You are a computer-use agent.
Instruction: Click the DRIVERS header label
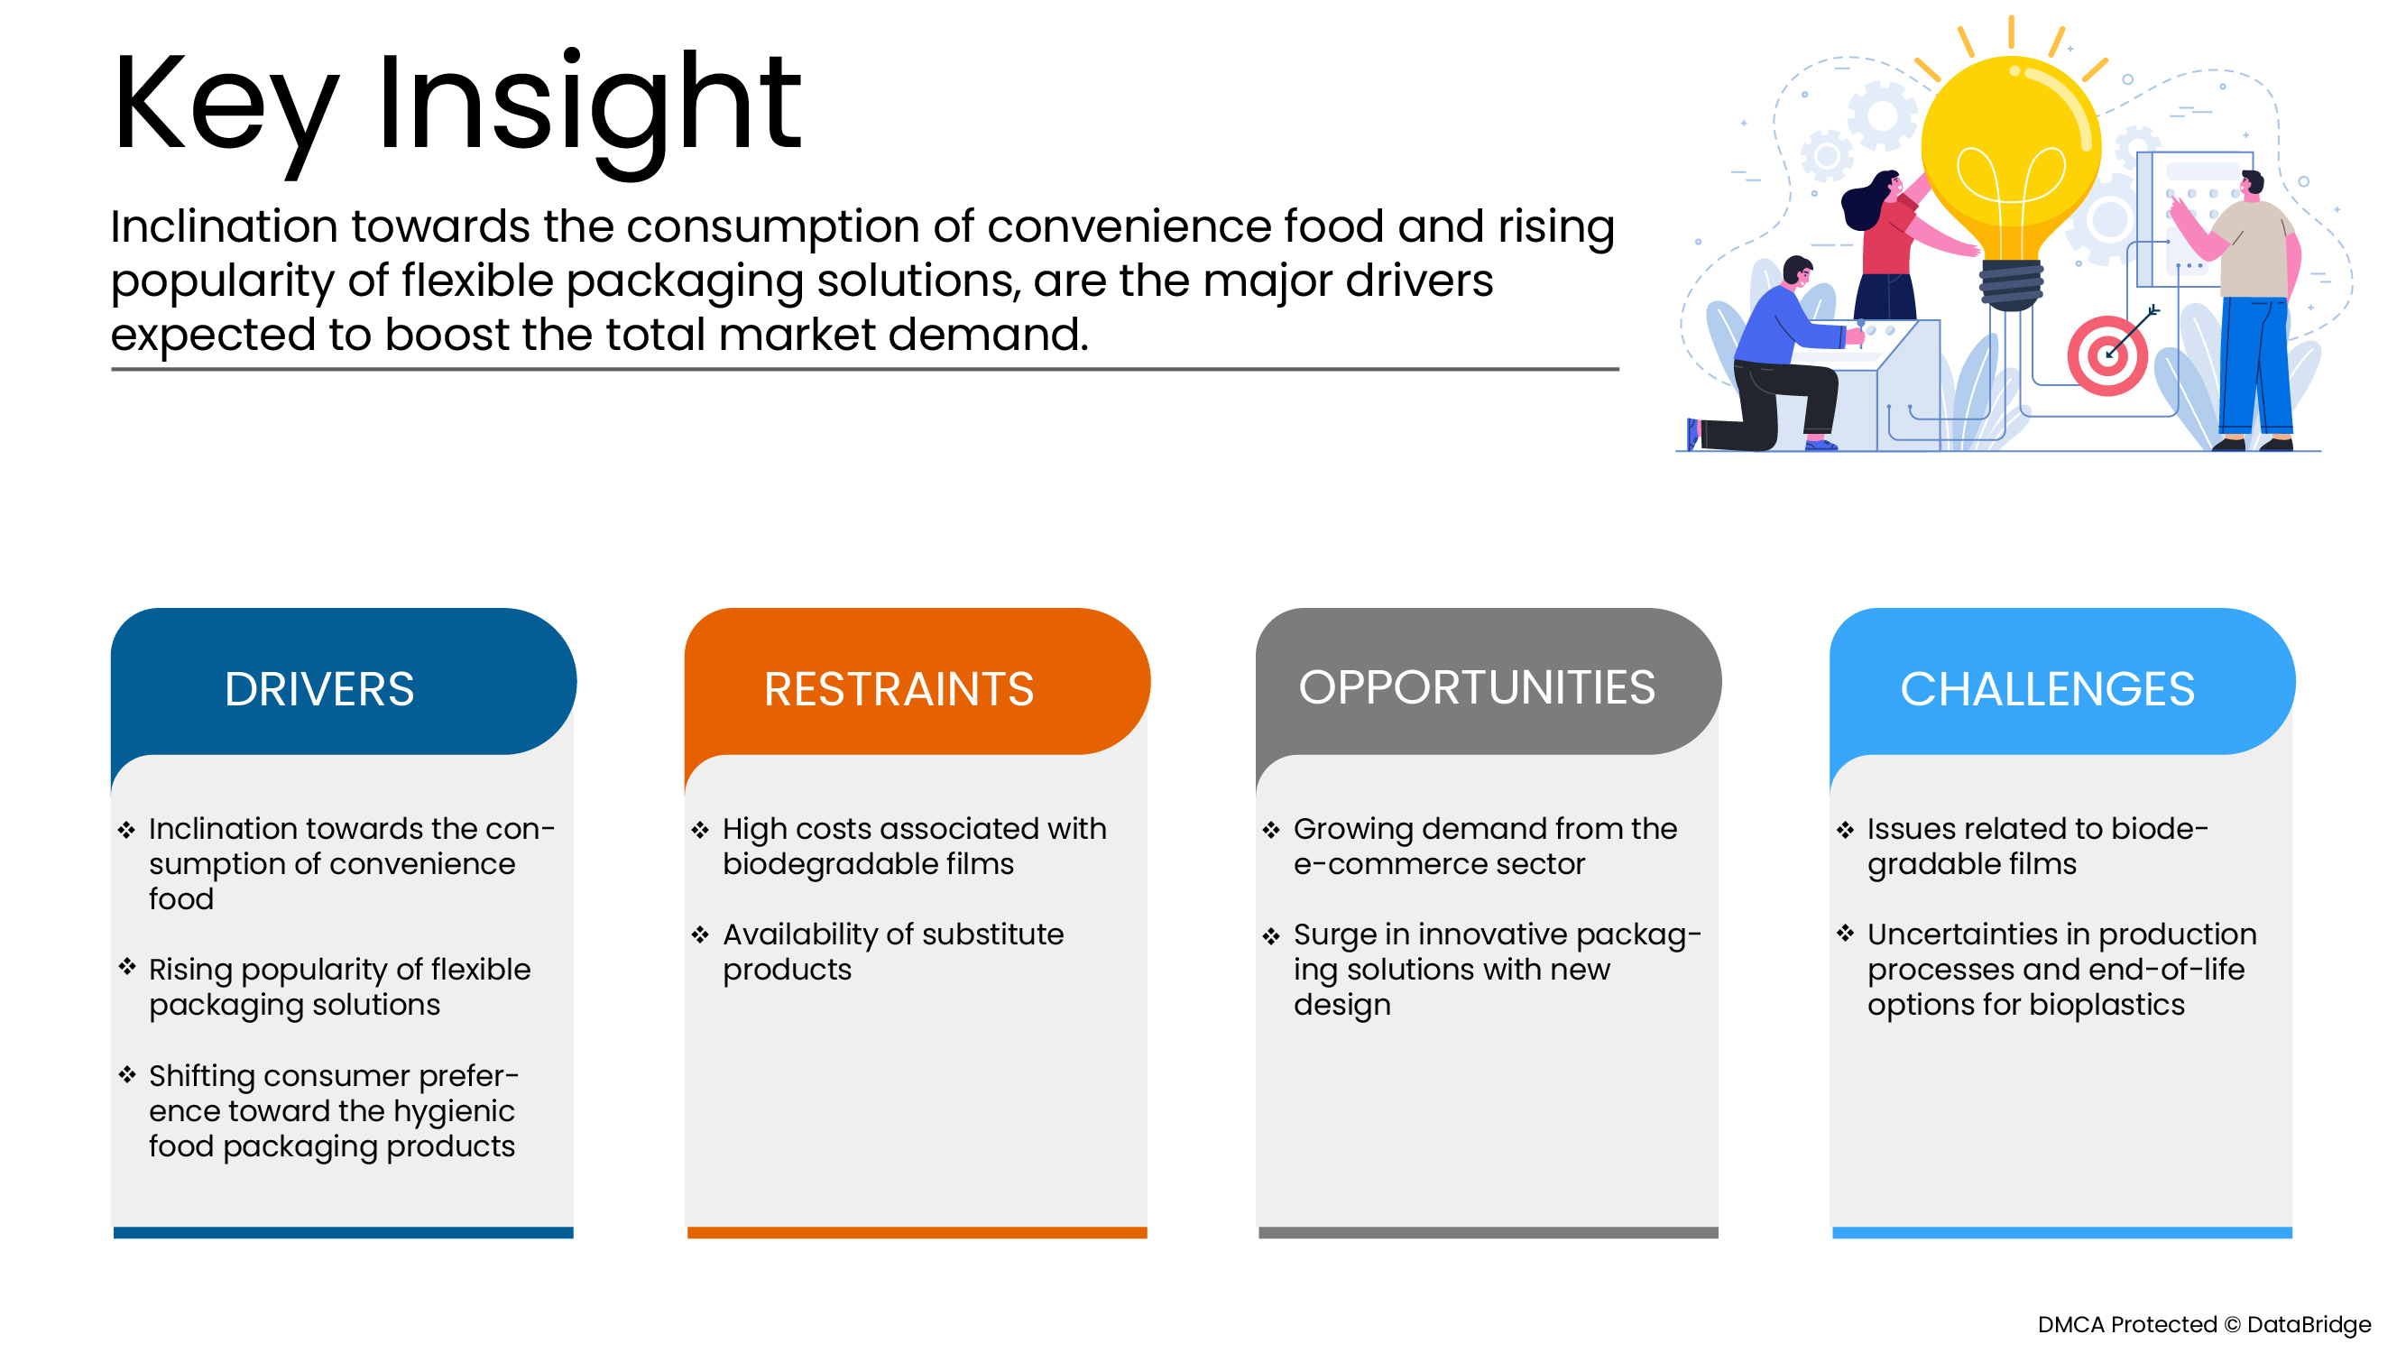(318, 689)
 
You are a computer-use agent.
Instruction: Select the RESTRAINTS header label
(899, 689)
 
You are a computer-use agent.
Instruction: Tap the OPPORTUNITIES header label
(1476, 687)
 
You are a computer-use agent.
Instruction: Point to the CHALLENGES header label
(2046, 689)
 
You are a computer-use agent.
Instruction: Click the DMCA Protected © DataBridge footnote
(2203, 1324)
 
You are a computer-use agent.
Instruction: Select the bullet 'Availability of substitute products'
(893, 952)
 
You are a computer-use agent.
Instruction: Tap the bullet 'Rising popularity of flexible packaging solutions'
(339, 987)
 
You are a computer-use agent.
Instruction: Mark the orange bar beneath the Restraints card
(917, 1232)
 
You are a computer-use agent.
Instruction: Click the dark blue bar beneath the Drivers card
(343, 1232)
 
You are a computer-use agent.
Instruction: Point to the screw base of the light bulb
(2011, 285)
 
